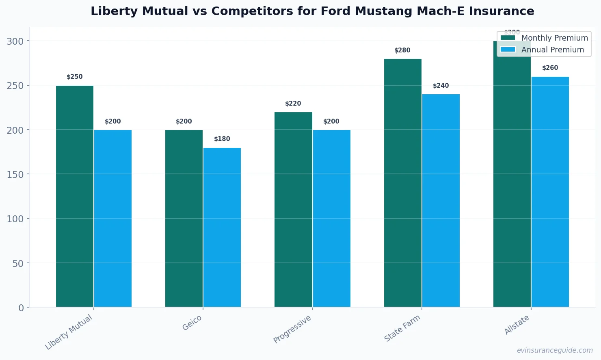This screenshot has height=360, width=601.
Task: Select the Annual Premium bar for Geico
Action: pyautogui.click(x=222, y=228)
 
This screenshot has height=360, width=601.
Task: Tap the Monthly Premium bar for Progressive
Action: pyautogui.click(x=293, y=210)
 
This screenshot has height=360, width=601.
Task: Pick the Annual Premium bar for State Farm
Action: pyautogui.click(x=441, y=201)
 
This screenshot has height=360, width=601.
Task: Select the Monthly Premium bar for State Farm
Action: pyautogui.click(x=403, y=183)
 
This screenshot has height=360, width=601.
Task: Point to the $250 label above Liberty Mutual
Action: pyautogui.click(x=75, y=77)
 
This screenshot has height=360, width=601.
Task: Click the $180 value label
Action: pyautogui.click(x=222, y=139)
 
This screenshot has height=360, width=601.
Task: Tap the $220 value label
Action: pyautogui.click(x=293, y=104)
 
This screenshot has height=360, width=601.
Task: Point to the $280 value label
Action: pyautogui.click(x=402, y=50)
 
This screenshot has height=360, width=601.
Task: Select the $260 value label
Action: pyautogui.click(x=550, y=68)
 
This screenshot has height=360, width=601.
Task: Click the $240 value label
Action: pyautogui.click(x=441, y=86)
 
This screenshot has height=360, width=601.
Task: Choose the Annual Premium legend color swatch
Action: pyautogui.click(x=508, y=50)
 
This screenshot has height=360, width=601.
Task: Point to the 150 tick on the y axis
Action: pyautogui.click(x=15, y=174)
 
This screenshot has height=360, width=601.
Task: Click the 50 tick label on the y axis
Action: pyautogui.click(x=18, y=263)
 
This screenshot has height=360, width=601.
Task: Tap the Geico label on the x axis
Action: pyautogui.click(x=192, y=323)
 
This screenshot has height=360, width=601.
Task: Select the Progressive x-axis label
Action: pyautogui.click(x=292, y=329)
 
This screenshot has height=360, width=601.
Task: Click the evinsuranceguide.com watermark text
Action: pyautogui.click(x=555, y=350)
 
